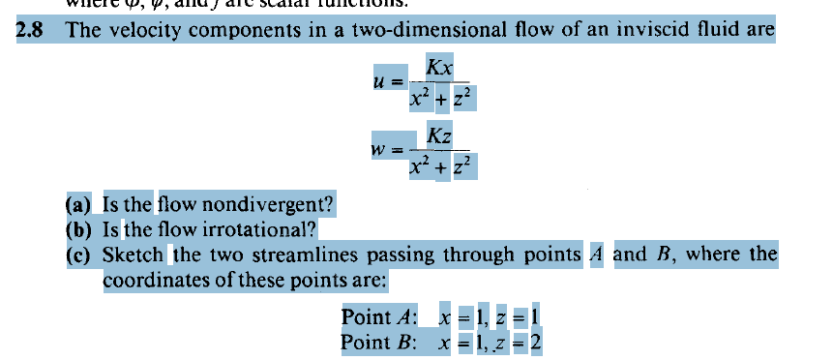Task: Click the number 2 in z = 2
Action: [x=535, y=343]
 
